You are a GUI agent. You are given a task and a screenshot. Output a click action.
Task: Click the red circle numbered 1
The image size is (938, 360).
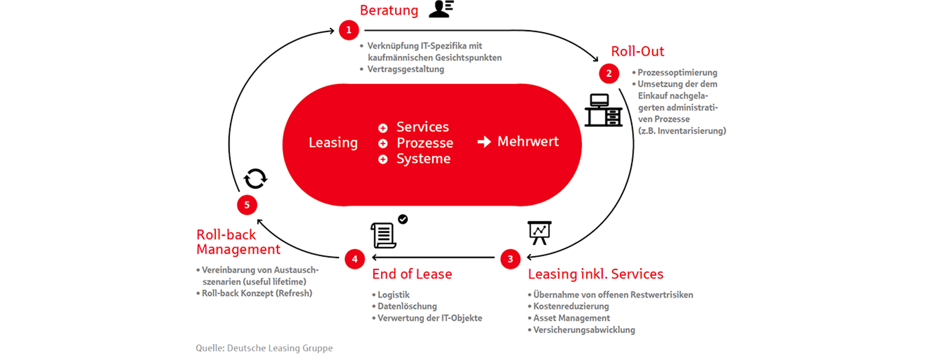(348, 30)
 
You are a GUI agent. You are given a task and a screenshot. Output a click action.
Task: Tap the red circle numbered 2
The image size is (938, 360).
(609, 73)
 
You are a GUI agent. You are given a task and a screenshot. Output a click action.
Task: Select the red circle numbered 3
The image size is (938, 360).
(510, 259)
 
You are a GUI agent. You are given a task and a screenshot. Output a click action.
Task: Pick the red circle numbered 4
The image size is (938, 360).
(354, 259)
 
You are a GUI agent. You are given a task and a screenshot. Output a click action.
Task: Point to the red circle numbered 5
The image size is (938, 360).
(247, 204)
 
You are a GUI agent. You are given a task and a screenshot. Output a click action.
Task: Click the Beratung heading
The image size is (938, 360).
(389, 10)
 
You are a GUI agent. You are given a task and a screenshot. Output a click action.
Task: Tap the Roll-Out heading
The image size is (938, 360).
(637, 52)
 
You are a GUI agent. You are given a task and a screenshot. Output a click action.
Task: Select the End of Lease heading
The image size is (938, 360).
(412, 274)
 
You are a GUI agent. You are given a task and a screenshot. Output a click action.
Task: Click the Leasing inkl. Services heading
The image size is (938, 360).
(596, 274)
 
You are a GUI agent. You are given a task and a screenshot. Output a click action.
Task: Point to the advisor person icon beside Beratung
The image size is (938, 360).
(441, 9)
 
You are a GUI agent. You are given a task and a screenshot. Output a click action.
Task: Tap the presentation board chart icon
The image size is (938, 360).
(539, 232)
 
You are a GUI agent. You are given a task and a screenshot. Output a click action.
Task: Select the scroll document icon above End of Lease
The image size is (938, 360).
(384, 235)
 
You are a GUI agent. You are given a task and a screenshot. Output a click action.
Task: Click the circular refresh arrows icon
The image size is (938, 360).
(255, 179)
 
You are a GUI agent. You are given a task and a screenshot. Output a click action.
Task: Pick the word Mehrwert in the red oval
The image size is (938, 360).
(528, 141)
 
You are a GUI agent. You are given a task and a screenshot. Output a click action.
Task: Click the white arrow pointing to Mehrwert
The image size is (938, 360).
(484, 142)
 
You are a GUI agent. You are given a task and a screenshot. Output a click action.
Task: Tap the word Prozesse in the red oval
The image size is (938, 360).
(425, 143)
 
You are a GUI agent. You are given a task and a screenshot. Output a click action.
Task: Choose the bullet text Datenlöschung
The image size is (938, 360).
(407, 306)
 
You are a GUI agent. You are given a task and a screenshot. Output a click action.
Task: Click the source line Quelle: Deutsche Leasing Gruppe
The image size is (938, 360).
(264, 348)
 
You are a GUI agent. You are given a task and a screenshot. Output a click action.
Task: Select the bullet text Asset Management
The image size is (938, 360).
(571, 318)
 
